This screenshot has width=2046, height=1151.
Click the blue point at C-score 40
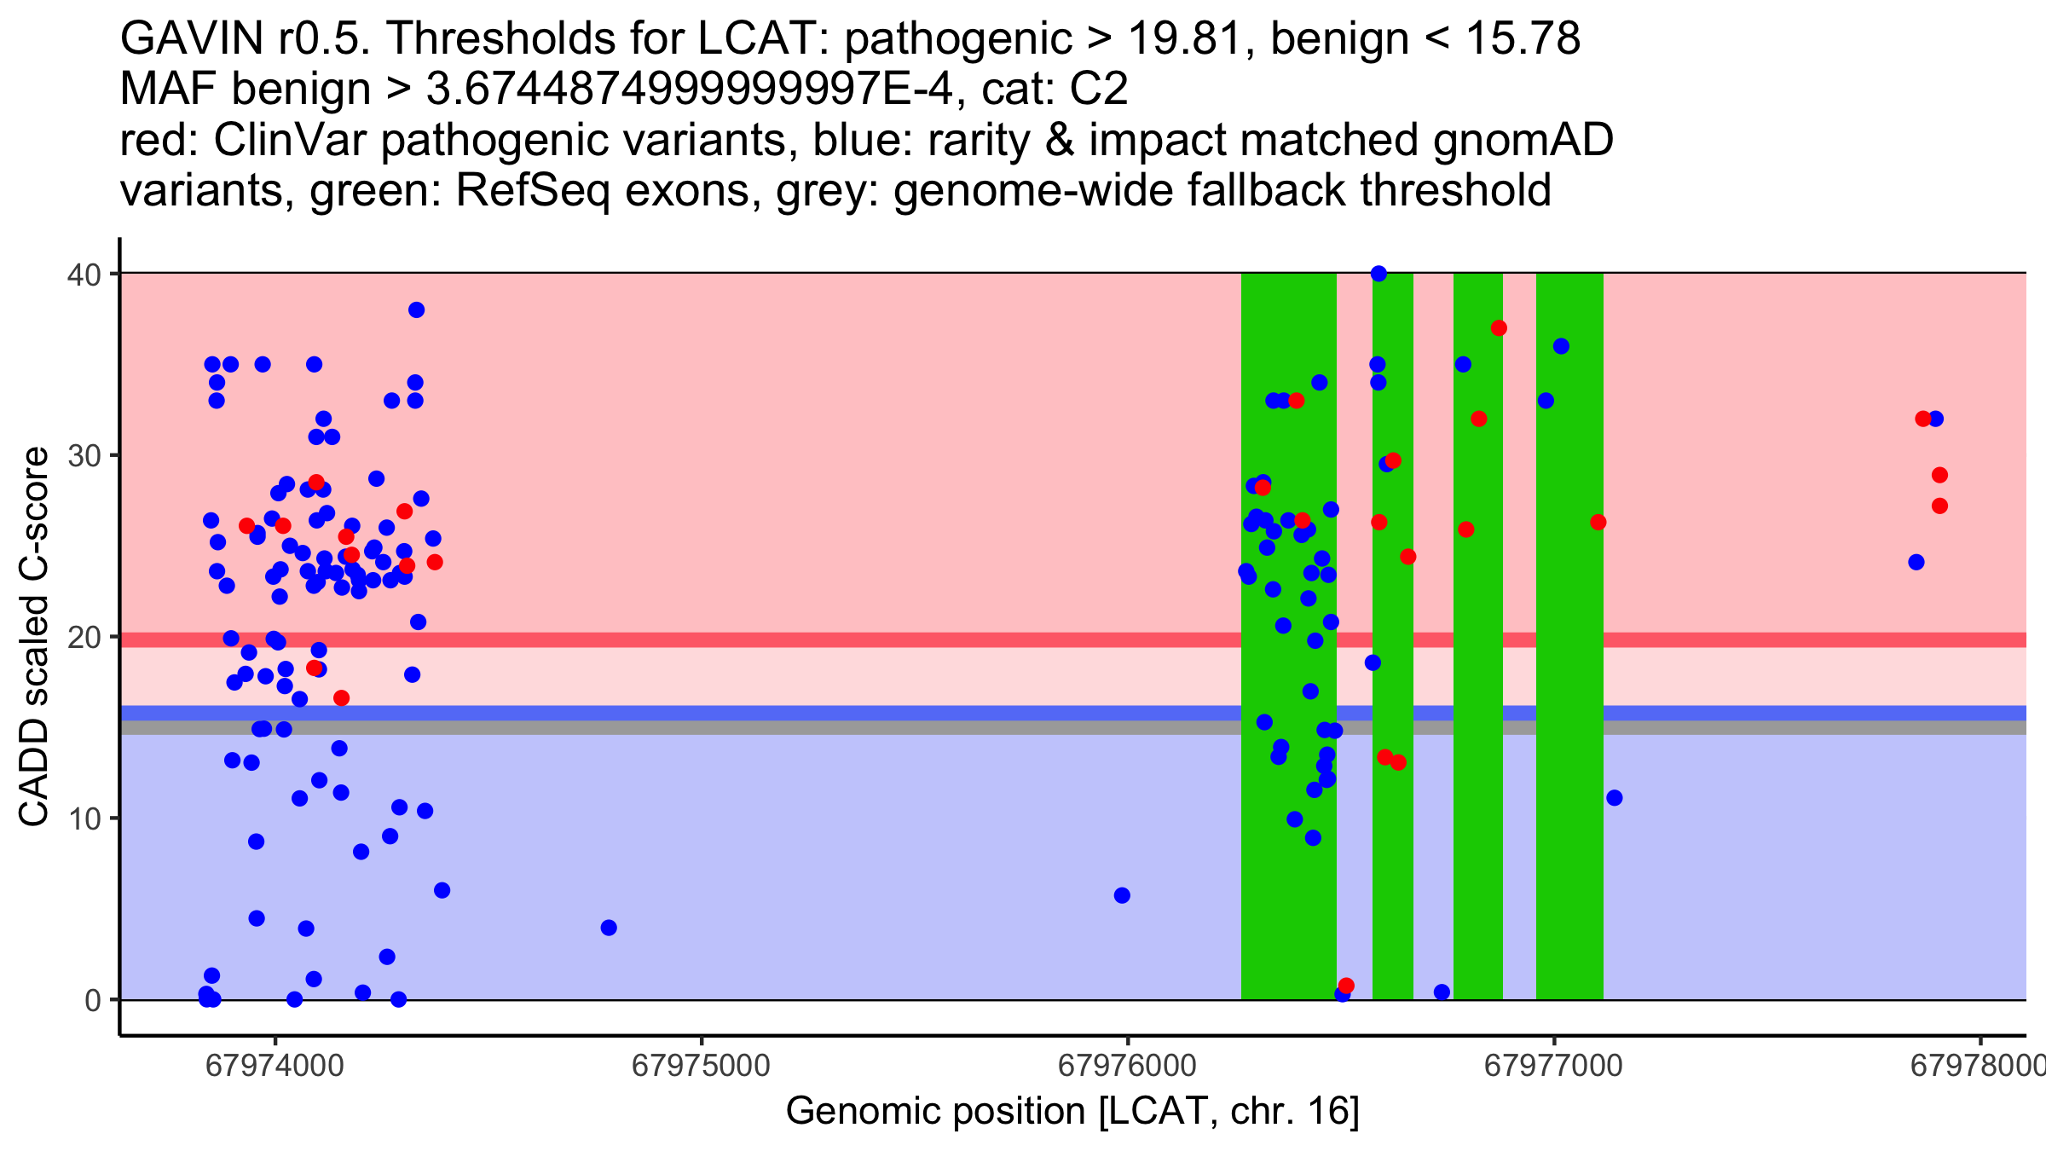1378,274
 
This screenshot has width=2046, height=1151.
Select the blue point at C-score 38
416,309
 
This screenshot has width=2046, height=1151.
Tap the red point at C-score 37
1499,328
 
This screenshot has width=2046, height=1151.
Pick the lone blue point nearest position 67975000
609,928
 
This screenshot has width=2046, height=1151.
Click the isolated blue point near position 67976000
1122,895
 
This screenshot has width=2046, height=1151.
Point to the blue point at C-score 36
1561,346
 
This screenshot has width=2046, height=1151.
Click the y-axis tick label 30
83,455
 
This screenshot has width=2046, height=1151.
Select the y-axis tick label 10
83,818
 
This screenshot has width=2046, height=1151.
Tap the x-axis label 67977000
1553,1067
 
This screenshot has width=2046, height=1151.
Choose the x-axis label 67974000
275,1067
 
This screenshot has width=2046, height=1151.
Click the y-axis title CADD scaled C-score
34,637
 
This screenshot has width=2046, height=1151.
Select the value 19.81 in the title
1191,38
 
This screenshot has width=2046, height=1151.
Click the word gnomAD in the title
1523,140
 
